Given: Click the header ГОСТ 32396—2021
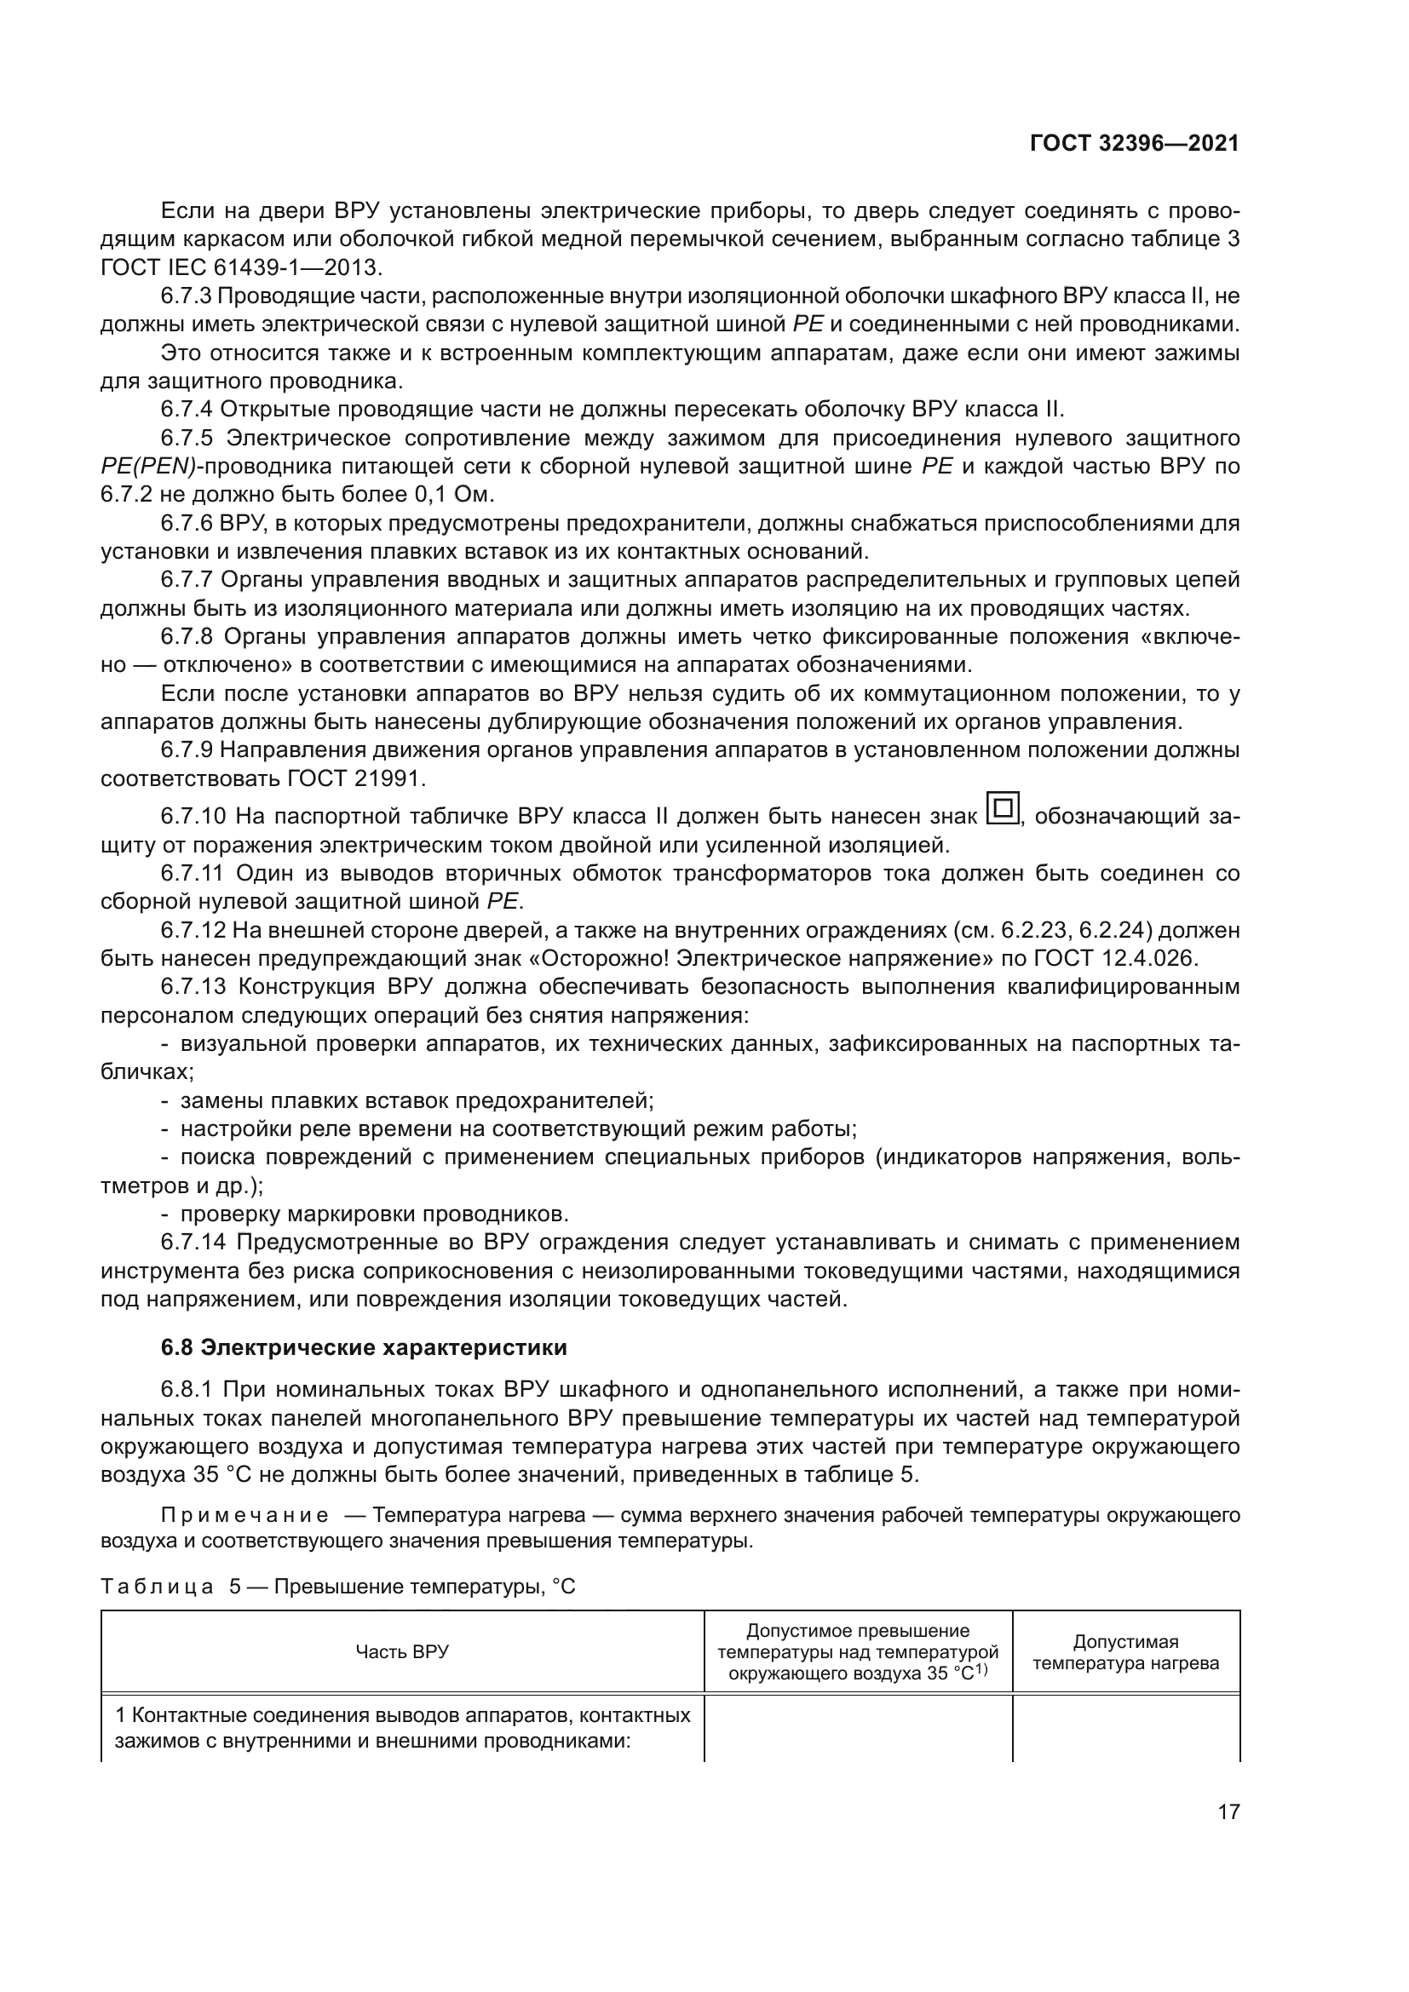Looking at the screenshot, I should coord(1134,143).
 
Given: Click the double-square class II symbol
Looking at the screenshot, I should coord(1004,809).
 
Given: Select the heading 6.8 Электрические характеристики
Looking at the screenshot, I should coord(364,1347).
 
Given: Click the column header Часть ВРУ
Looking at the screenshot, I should coord(402,1651).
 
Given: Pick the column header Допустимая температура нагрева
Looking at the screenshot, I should coord(1125,1652).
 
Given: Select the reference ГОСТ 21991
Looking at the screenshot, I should coord(355,778).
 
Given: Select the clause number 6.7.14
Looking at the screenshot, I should coord(193,1243).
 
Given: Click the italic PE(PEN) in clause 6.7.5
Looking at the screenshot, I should coord(147,467).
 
